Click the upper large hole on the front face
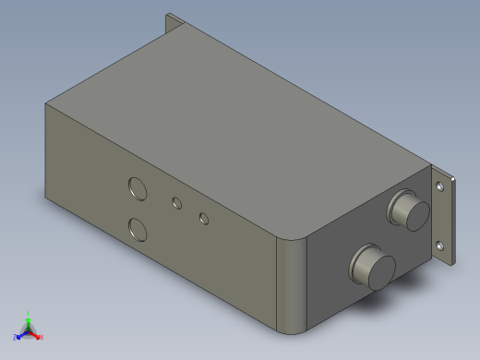[x=137, y=188]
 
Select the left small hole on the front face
[x=175, y=201]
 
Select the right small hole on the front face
[x=203, y=219]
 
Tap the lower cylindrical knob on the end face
[x=371, y=267]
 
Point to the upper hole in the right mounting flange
[x=441, y=186]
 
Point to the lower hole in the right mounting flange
[x=439, y=245]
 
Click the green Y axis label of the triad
[x=30, y=313]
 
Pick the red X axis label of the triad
[x=41, y=337]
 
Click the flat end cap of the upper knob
[x=412, y=213]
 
